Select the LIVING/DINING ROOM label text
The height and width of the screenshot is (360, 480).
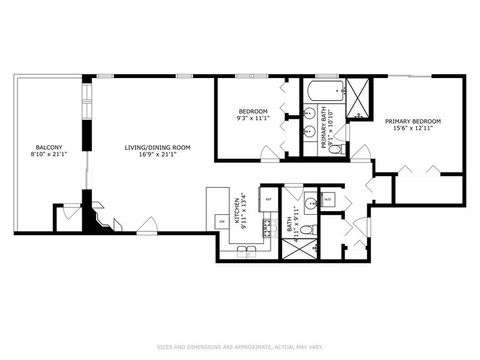point(157,148)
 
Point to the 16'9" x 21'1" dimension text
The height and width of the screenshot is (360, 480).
point(157,156)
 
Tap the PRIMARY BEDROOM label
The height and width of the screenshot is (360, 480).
point(412,121)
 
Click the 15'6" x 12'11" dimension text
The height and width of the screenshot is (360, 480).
point(412,129)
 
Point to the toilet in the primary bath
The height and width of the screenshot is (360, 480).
point(334,149)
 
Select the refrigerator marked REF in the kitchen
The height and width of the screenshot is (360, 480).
point(269,200)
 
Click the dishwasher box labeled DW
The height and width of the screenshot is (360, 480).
point(221,221)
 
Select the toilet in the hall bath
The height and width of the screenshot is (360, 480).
point(308,229)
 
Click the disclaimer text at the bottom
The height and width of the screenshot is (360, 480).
point(240,347)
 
